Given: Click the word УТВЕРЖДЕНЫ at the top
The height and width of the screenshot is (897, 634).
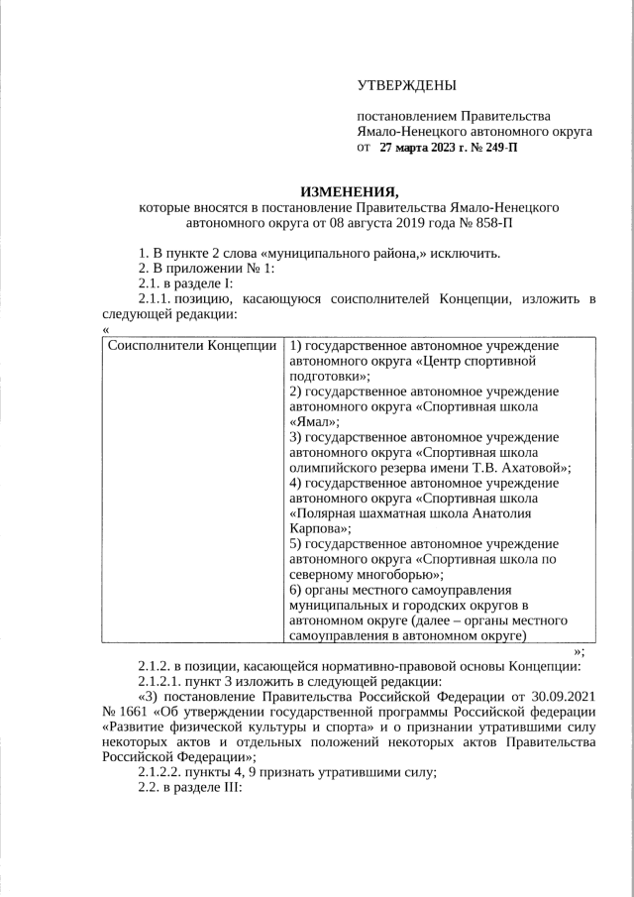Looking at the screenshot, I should click(x=408, y=89).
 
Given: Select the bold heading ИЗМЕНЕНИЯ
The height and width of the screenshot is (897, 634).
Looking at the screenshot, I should click(x=349, y=191).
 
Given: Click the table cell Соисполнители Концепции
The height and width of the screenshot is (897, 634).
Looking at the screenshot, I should click(x=191, y=346).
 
